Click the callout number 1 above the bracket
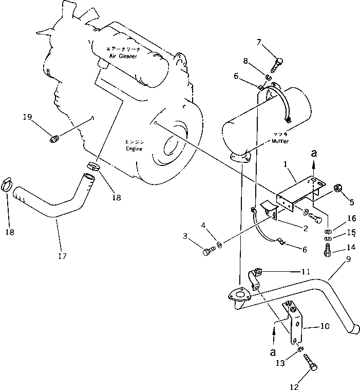[290, 164]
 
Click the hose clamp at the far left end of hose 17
[8, 184]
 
